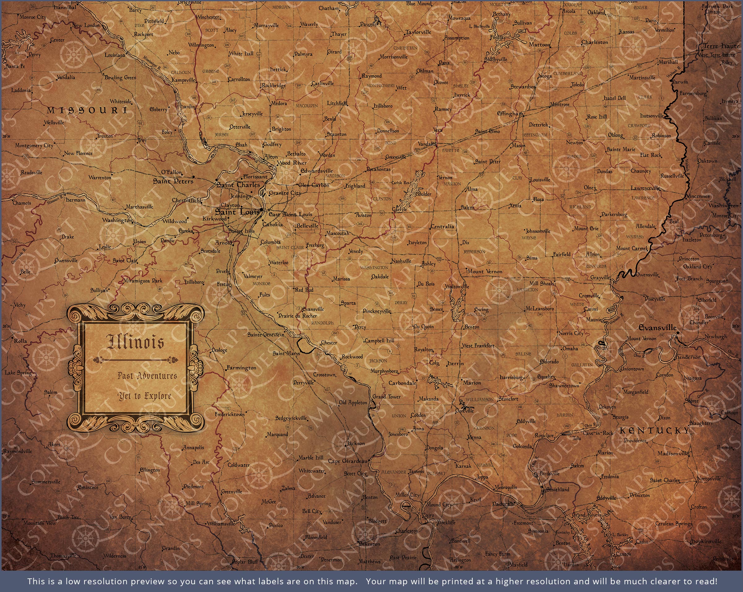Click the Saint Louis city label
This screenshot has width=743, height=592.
[x=237, y=212]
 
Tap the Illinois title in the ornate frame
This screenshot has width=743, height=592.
[x=135, y=342]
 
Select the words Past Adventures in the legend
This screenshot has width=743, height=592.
[x=147, y=376]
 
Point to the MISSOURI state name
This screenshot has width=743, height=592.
[x=87, y=110]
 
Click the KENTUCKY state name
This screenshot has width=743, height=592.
[x=654, y=430]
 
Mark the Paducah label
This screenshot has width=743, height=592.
[x=503, y=504]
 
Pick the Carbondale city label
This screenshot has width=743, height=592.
[x=402, y=383]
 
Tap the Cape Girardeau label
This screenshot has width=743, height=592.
[x=348, y=461]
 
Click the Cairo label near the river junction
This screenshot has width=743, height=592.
[x=428, y=515]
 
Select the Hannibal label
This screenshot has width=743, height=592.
[x=65, y=7]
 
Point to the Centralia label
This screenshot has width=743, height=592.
[x=442, y=227]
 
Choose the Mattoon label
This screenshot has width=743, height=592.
[x=539, y=45]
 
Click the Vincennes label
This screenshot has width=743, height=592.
[x=698, y=196]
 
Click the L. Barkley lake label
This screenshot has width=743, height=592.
[x=620, y=535]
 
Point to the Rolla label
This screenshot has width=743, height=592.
[x=20, y=341]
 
